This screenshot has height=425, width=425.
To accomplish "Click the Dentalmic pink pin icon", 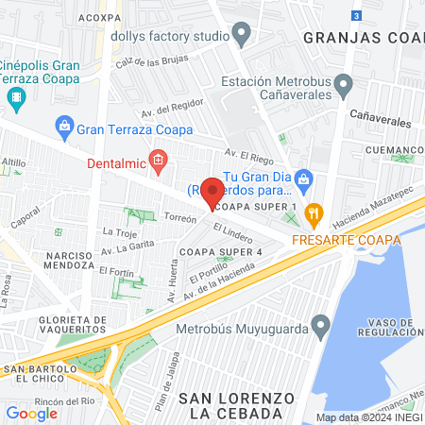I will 159,162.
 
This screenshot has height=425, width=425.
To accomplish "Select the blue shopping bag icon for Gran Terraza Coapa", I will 64,125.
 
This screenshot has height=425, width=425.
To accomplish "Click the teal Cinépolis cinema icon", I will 15,96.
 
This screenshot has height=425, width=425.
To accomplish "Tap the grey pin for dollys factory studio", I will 243,37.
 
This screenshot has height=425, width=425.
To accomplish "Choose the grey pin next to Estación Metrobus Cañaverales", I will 344,87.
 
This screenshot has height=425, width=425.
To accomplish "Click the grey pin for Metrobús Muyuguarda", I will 321,330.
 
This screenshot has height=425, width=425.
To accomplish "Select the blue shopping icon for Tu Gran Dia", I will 302,178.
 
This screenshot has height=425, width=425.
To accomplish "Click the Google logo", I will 32,413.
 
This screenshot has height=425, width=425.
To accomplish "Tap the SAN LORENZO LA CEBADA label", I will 231,405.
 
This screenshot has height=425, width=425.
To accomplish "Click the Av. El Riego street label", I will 247,152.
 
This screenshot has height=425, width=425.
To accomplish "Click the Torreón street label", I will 179,218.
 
